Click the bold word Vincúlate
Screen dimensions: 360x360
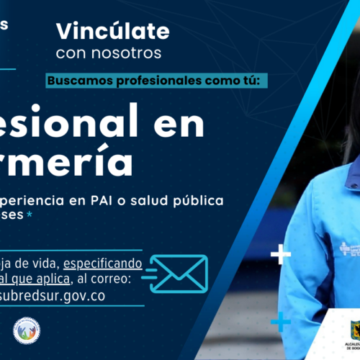tap(113, 32)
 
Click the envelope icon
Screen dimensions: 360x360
tap(180, 273)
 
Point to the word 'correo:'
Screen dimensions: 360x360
tap(122, 279)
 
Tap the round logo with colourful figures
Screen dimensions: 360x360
tap(27, 330)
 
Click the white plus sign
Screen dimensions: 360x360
tap(279, 253)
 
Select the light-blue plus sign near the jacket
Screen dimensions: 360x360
tap(280, 322)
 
